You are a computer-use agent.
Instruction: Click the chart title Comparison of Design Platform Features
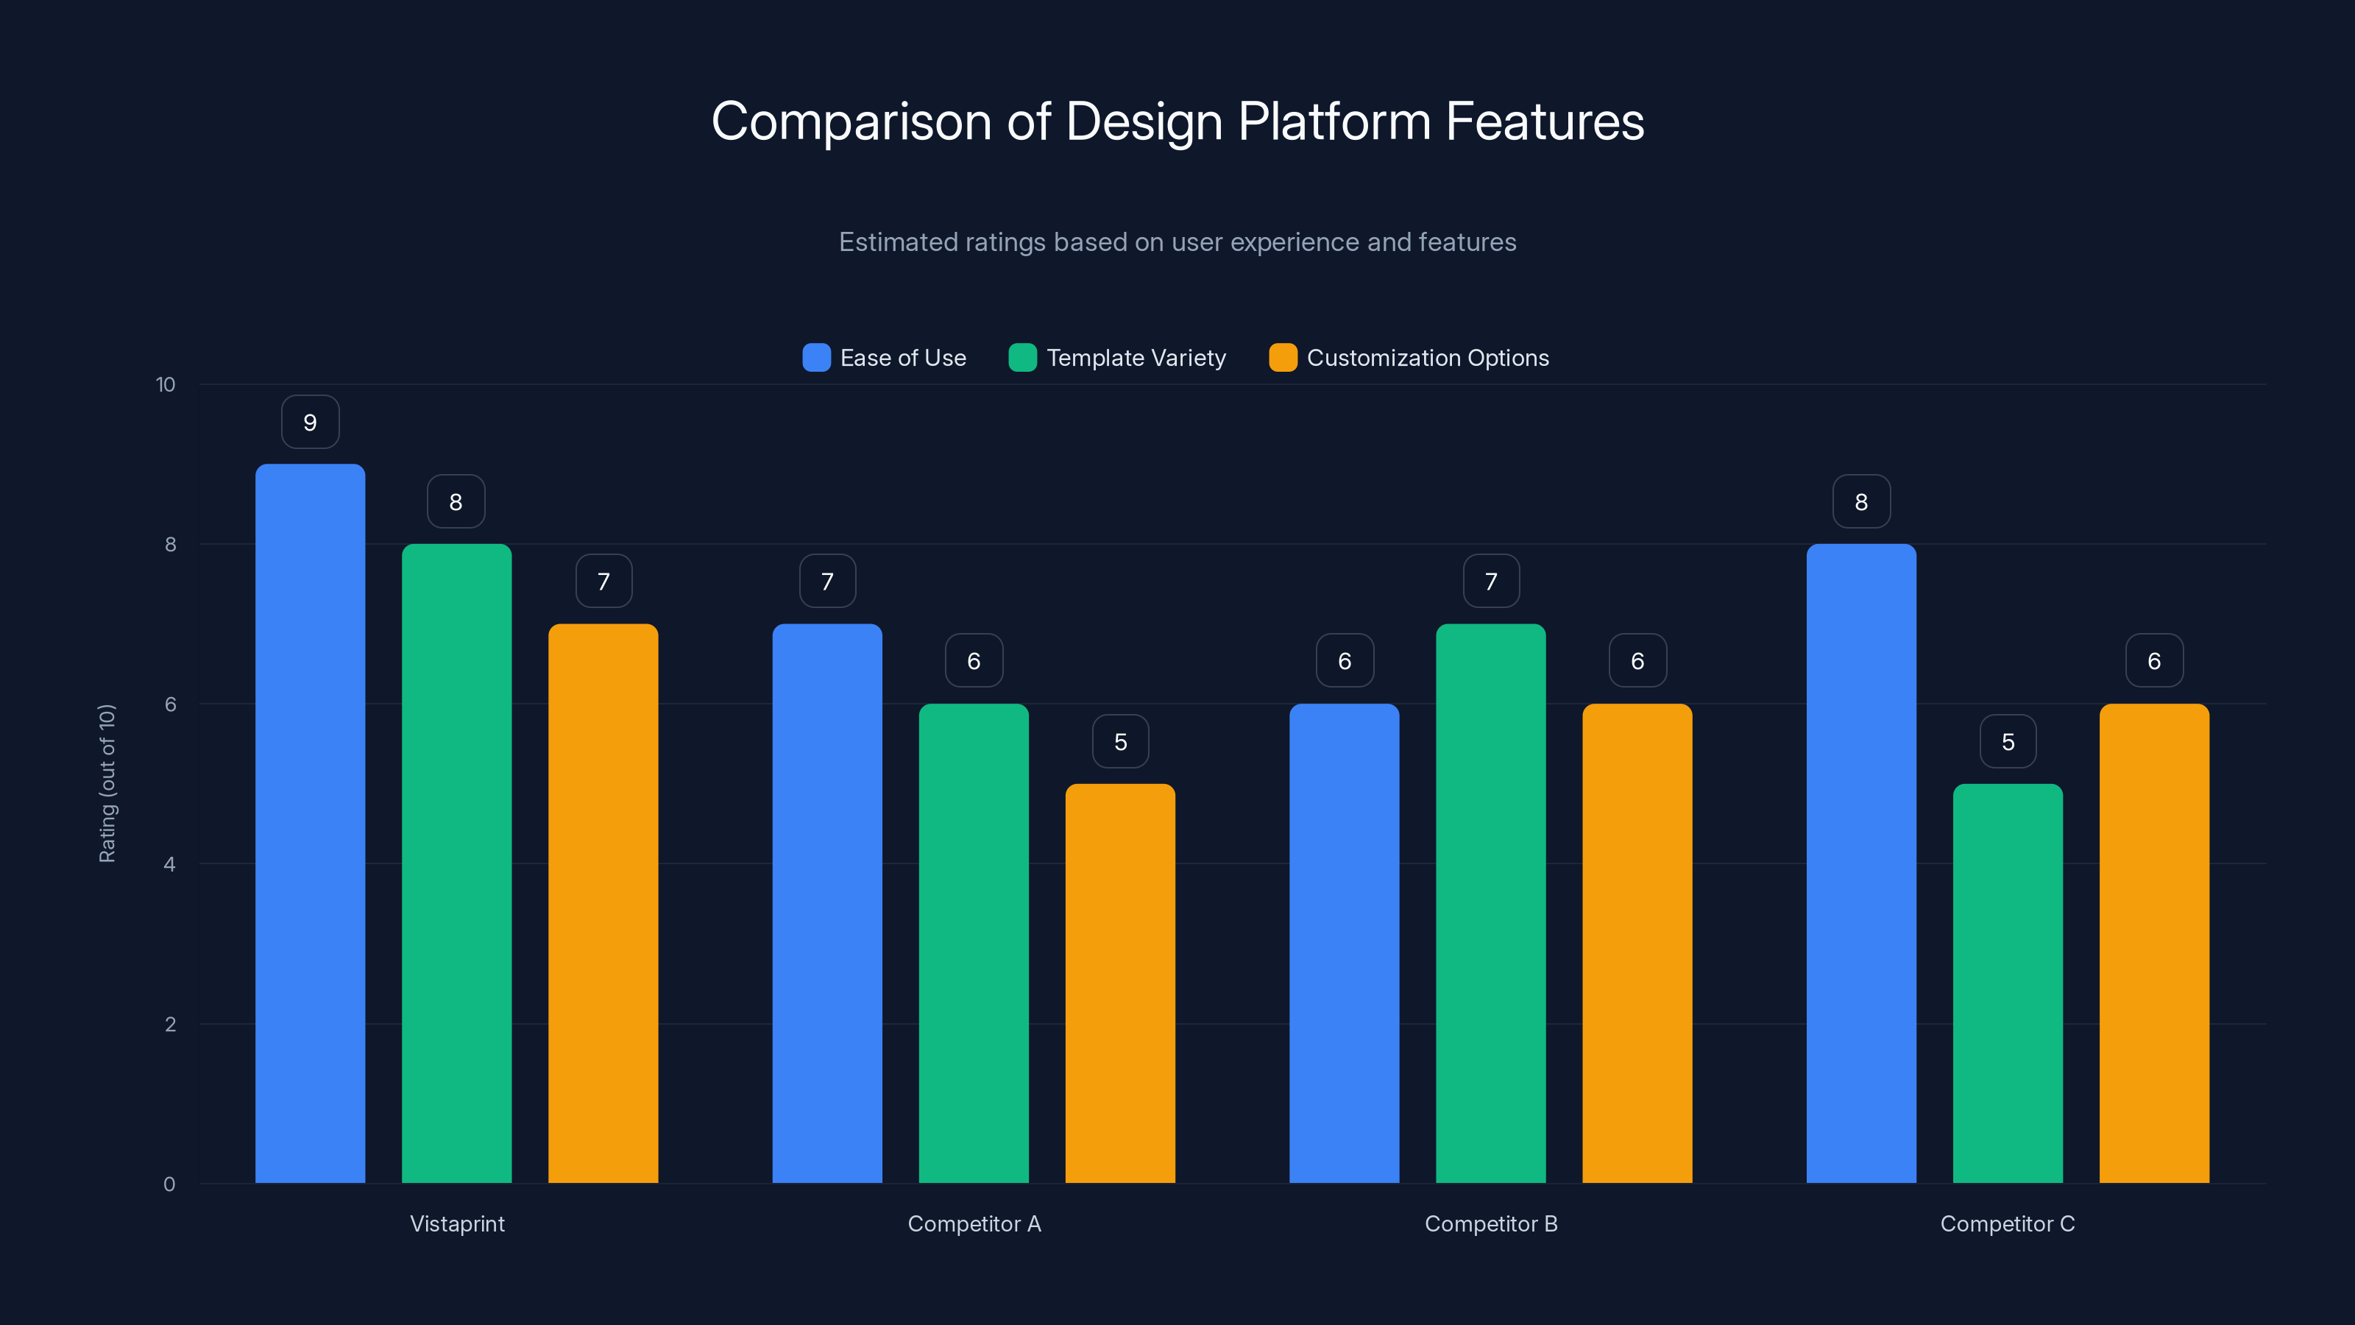pyautogui.click(x=1177, y=121)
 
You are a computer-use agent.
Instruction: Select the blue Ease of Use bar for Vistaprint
pyautogui.click(x=310, y=823)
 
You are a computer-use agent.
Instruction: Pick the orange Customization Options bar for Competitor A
pyautogui.click(x=1120, y=983)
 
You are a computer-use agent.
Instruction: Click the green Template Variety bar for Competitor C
pyautogui.click(x=2008, y=983)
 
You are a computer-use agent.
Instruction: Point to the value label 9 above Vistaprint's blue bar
pyautogui.click(x=310, y=423)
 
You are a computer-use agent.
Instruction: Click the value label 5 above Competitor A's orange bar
pyautogui.click(x=1120, y=741)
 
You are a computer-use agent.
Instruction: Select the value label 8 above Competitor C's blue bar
pyautogui.click(x=1861, y=502)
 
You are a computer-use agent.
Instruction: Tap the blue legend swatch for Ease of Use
pyautogui.click(x=816, y=358)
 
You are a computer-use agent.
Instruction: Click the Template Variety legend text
pyautogui.click(x=1136, y=358)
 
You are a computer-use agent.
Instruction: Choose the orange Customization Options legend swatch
pyautogui.click(x=1283, y=358)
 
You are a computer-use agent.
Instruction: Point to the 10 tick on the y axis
pyautogui.click(x=166, y=385)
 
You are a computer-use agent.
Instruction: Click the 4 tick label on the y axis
pyautogui.click(x=170, y=864)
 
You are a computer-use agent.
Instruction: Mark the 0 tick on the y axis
pyautogui.click(x=170, y=1184)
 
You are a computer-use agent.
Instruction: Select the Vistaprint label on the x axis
pyautogui.click(x=457, y=1223)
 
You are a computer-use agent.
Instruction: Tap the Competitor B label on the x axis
pyautogui.click(x=1490, y=1223)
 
